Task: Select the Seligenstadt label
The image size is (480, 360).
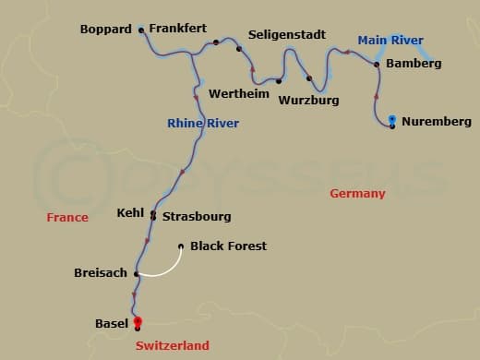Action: [288, 35]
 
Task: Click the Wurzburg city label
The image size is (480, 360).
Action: [309, 100]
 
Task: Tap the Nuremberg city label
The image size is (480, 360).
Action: [437, 121]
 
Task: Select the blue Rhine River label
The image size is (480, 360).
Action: [203, 123]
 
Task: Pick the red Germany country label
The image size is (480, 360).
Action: [357, 193]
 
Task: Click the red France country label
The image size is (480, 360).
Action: [68, 217]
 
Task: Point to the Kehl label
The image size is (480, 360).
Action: [130, 212]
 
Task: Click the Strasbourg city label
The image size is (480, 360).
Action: [197, 217]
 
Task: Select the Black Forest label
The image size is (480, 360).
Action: [228, 246]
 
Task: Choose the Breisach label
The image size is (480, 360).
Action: [101, 273]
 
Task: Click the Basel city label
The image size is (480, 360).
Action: [112, 323]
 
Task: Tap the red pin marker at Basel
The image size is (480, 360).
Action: [138, 321]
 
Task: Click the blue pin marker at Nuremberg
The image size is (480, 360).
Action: [392, 119]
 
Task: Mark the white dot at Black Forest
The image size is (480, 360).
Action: [181, 246]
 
